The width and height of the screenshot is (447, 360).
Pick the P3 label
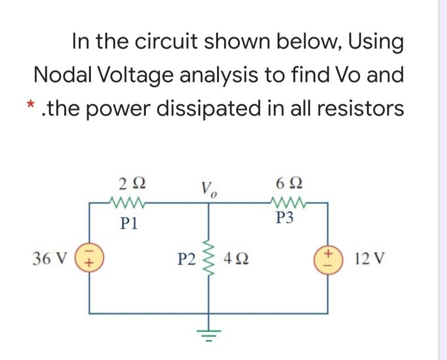click(285, 219)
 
